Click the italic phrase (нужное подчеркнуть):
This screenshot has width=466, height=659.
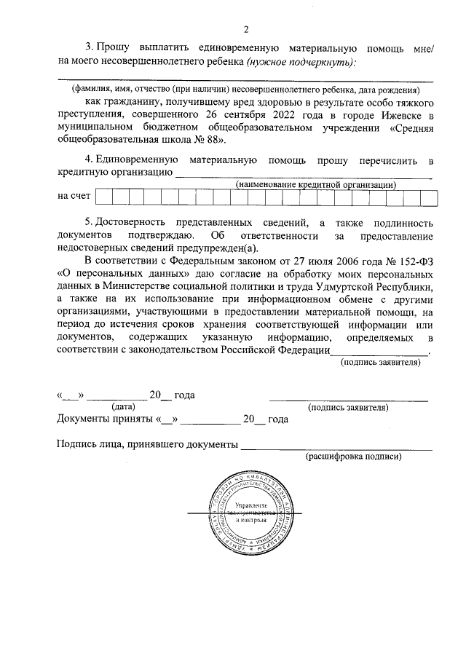(301, 61)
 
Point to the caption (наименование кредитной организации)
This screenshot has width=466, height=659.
(315, 184)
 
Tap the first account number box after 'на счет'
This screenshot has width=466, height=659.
(103, 197)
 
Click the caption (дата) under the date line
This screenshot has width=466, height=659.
(122, 408)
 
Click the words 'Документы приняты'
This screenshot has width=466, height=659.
(104, 419)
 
